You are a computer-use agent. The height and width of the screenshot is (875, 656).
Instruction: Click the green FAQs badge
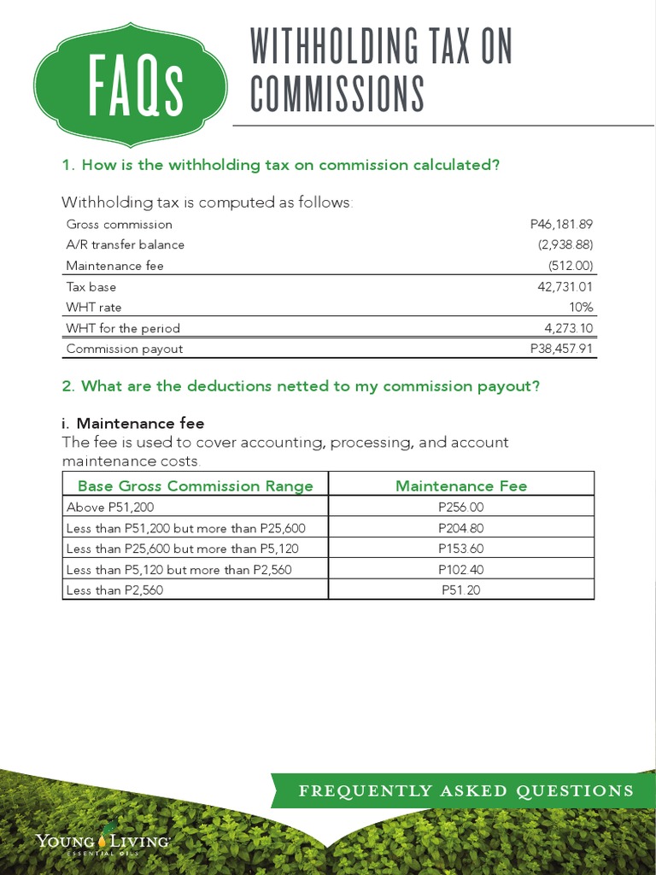coord(131,83)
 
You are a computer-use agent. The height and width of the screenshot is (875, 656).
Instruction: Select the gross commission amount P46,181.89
coord(561,225)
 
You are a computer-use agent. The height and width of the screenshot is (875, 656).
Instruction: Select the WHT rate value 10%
coord(580,308)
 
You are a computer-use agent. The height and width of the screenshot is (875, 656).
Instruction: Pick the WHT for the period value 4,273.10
coord(568,328)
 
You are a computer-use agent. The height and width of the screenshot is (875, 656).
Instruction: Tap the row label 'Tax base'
coord(91,287)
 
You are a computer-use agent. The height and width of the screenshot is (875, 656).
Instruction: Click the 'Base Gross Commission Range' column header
coord(196,486)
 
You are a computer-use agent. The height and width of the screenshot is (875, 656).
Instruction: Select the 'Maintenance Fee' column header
coord(461,486)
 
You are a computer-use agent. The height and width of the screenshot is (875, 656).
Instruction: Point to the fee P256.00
coord(461,507)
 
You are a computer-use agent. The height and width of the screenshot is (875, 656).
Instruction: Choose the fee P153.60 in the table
coord(461,549)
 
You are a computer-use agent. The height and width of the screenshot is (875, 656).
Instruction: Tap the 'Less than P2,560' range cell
coord(114,590)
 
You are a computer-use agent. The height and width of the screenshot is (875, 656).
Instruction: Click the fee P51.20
coord(461,590)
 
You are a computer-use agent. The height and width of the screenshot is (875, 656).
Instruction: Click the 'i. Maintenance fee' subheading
coord(133,424)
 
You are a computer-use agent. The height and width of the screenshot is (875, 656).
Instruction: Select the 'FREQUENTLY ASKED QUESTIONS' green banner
coord(466,790)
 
